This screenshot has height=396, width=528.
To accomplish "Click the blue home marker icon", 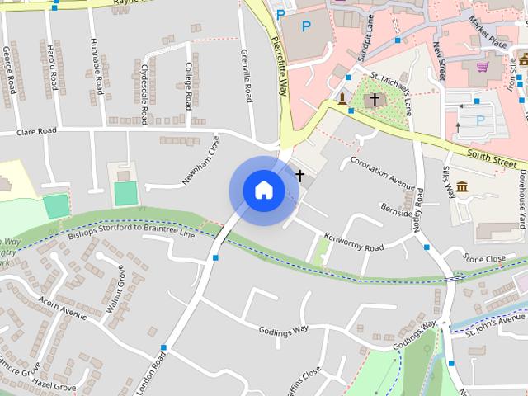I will pyautogui.click(x=263, y=191).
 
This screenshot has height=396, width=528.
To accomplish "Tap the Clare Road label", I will pyautogui.click(x=36, y=131).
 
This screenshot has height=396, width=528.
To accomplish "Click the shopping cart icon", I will pyautogui.click(x=483, y=67).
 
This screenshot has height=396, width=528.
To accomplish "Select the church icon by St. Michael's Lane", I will pyautogui.click(x=375, y=99).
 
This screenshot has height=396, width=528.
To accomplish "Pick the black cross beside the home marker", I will pyautogui.click(x=300, y=176).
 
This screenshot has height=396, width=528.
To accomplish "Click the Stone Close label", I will pyautogui.click(x=484, y=259).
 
